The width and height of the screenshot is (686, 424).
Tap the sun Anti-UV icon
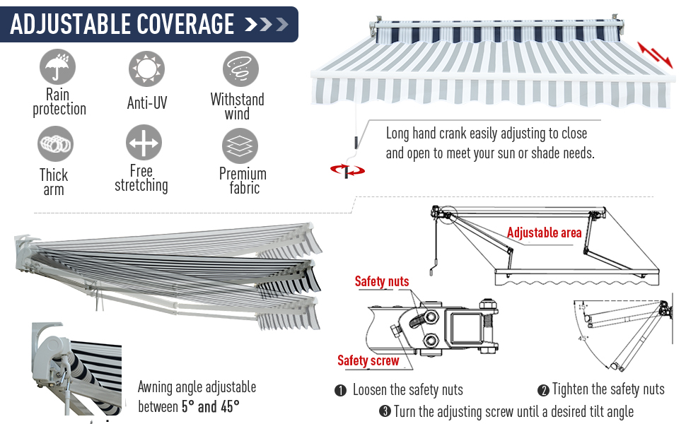pyautogui.click(x=146, y=69)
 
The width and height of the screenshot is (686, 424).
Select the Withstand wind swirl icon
pyautogui.click(x=240, y=70)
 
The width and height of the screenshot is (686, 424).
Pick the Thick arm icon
pyautogui.click(x=55, y=144)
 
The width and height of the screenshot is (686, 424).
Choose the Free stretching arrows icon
pyautogui.click(x=144, y=143)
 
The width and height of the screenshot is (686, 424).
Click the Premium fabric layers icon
pyautogui.click(x=240, y=146)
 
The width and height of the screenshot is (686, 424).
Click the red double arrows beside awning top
pyautogui.click(x=654, y=53)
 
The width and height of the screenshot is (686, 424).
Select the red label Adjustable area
pyautogui.click(x=544, y=232)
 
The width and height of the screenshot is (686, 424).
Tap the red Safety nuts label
pyautogui.click(x=381, y=281)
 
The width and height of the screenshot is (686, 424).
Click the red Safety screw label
pyautogui.click(x=368, y=360)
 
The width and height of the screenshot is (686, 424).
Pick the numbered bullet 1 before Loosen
pyautogui.click(x=340, y=390)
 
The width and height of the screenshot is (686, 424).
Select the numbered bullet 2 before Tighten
pyautogui.click(x=543, y=390)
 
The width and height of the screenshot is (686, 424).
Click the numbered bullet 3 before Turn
pyautogui.click(x=385, y=411)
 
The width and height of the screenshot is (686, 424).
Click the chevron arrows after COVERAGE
pyautogui.click(x=266, y=25)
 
